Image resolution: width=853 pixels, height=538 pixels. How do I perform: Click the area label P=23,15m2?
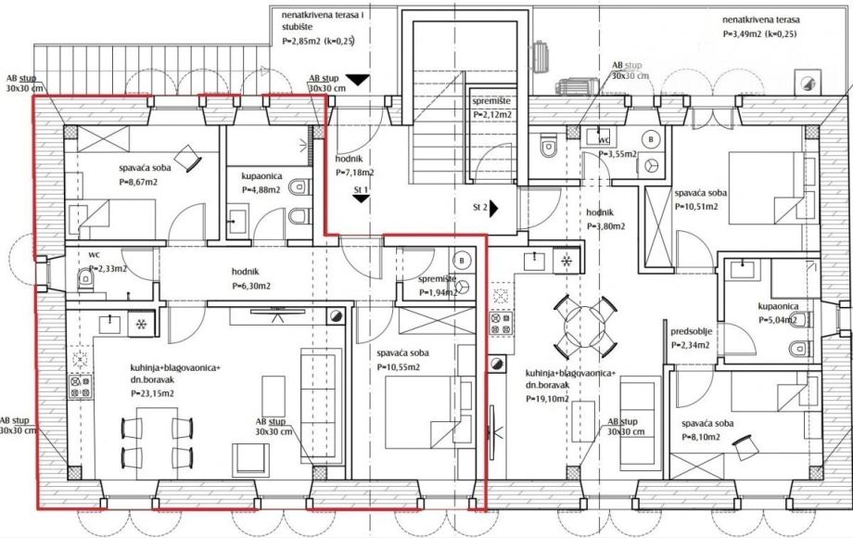152,394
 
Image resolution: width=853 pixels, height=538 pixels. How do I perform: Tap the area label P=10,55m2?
398,367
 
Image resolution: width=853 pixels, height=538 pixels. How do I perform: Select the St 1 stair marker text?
362,189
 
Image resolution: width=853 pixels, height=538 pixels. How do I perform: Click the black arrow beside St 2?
494,208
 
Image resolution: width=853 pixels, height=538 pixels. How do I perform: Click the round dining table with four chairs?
586,324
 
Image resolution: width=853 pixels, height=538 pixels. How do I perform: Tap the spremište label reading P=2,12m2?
491,115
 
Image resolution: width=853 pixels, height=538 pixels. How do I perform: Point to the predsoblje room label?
692,331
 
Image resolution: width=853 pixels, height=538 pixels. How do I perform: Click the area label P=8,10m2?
701,438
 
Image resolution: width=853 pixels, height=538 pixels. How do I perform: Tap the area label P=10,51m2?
696,207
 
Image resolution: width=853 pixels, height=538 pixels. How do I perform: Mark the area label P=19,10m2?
547,399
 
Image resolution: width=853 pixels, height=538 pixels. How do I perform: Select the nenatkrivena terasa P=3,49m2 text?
760,27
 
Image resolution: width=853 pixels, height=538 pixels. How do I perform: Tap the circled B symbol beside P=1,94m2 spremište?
462,260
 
